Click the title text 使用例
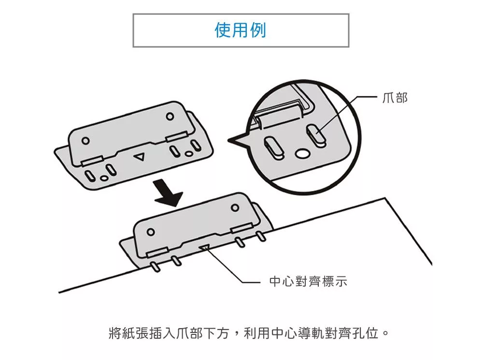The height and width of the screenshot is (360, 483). tap(240, 30)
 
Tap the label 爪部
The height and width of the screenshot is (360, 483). tap(395, 98)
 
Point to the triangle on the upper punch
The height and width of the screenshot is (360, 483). tap(140, 157)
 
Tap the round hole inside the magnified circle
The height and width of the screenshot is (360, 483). tap(303, 153)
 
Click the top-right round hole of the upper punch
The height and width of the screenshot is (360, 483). tap(170, 116)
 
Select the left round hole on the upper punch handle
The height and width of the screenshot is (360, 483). tap(85, 141)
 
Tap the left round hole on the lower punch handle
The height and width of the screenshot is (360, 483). tap(151, 231)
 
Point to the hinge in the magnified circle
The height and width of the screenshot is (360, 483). tap(280, 115)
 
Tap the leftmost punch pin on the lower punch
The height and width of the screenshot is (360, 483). tap(155, 265)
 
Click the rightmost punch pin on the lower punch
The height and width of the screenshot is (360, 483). tap(261, 237)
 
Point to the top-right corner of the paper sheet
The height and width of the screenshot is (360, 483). tap(385, 198)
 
